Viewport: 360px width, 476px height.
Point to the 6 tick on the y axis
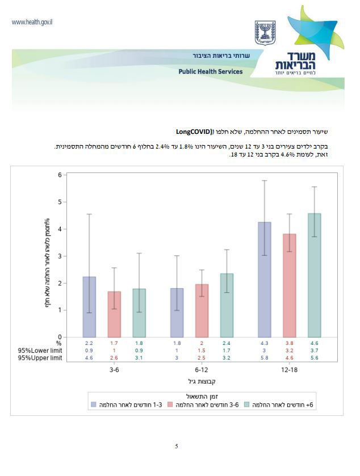pos(59,175)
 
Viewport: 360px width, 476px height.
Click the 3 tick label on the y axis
pos(59,256)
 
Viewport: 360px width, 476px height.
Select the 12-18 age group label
pos(290,369)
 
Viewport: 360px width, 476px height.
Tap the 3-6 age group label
pos(114,369)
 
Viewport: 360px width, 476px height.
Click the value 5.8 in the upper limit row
pos(265,358)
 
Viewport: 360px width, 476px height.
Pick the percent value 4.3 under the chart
pos(265,343)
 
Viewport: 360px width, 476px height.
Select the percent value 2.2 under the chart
pos(89,343)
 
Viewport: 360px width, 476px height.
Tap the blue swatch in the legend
pos(94,405)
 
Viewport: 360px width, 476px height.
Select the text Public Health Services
pos(210,72)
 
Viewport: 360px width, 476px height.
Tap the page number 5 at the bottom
pos(177,446)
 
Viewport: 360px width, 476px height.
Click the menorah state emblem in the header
pos(265,33)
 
